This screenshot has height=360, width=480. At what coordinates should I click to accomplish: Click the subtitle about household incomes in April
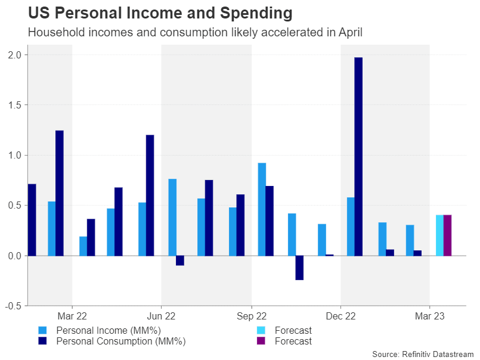point(194,33)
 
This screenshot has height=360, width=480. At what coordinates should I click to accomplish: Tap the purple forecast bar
point(447,235)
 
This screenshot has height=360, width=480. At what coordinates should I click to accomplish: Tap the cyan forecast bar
point(439,235)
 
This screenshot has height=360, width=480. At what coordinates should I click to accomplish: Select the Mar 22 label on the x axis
point(72,316)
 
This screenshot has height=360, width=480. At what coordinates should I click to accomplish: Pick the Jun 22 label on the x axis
point(162,316)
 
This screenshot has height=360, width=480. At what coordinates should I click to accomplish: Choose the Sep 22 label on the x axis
point(251,316)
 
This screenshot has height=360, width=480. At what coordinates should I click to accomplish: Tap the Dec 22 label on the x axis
point(340,316)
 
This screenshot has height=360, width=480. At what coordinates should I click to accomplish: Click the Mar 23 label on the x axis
point(430,316)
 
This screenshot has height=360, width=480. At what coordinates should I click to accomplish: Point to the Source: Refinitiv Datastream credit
point(422,354)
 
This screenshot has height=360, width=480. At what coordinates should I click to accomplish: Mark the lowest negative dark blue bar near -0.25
point(299,268)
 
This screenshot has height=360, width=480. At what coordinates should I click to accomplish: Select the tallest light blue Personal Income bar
point(262,209)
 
